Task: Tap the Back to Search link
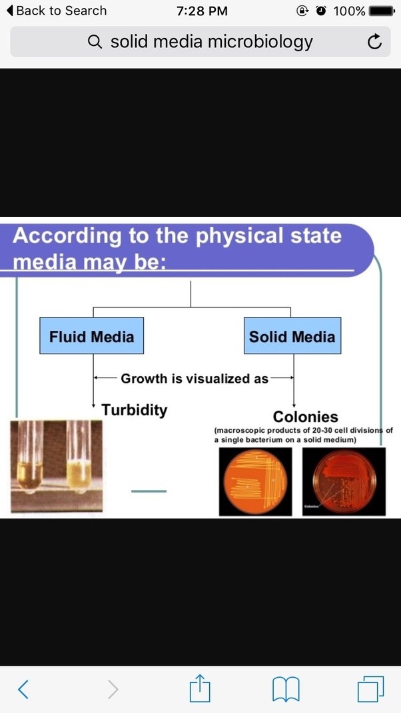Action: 56,11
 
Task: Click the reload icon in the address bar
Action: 374,43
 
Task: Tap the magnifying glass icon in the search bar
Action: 95,43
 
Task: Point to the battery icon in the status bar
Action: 382,11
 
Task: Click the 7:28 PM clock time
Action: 202,11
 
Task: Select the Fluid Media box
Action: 91,336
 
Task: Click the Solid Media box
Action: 292,336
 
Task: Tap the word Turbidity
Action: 135,409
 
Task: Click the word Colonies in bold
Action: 306,417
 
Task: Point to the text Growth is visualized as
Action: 195,379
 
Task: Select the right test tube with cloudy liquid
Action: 79,459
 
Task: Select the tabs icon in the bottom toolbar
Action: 370,688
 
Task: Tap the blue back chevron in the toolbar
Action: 23,688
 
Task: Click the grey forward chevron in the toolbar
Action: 113,688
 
